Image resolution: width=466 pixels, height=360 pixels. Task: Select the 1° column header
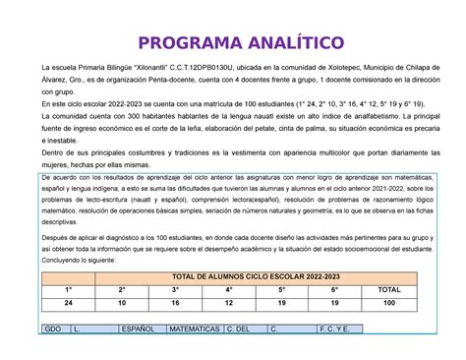[x=69, y=290]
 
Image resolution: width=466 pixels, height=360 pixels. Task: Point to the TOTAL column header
[x=389, y=290]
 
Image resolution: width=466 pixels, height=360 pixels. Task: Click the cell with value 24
[x=69, y=304]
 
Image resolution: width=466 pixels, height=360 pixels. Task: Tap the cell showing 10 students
[x=122, y=304]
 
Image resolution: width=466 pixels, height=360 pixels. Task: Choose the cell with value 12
[x=228, y=304]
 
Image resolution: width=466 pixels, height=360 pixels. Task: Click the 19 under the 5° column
[x=281, y=304]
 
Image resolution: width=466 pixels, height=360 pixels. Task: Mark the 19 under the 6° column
[x=335, y=304]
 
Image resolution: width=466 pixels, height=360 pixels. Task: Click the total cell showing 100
[x=389, y=304]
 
